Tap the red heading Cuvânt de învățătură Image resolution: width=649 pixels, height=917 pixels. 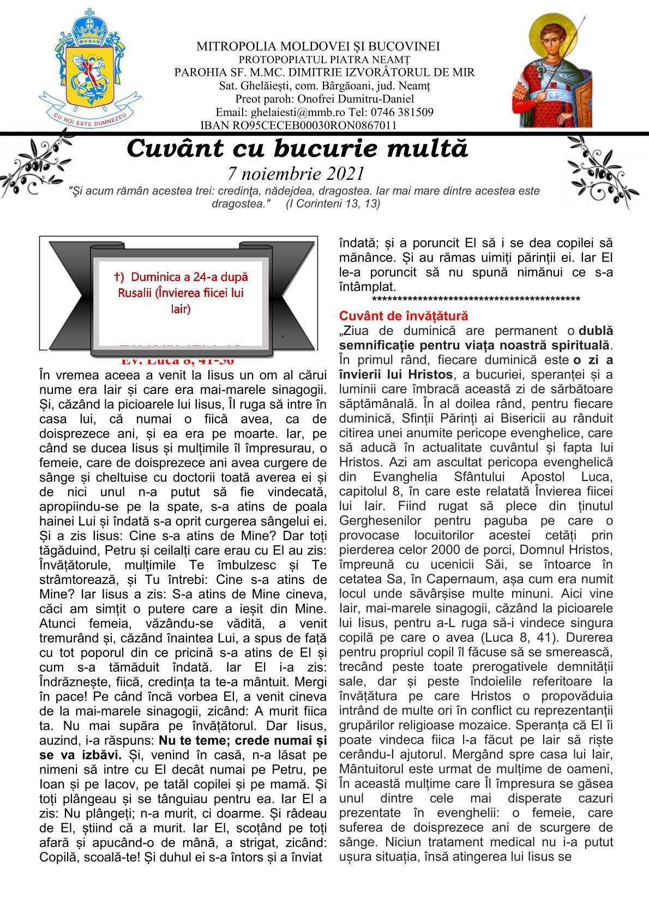click(404, 315)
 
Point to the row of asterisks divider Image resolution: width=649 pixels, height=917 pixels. click(476, 299)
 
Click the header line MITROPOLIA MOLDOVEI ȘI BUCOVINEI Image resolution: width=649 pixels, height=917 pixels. click(318, 46)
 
